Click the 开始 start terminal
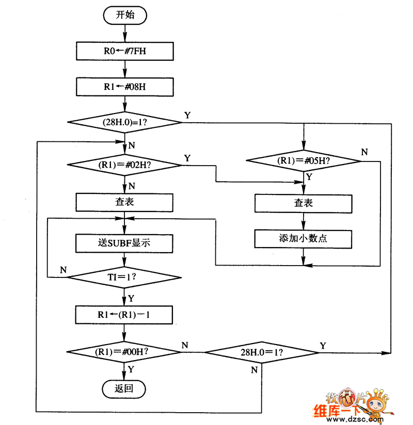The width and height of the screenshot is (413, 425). coord(125,15)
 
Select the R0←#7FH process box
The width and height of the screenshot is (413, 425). coord(124,51)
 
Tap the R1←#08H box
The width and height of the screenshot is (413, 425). coord(124,86)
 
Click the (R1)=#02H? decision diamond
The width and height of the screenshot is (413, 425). coord(124,166)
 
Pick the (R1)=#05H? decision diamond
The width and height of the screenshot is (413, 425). coord(304,160)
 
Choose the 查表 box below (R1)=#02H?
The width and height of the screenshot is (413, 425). coord(124,202)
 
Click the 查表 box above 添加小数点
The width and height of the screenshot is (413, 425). coord(304,203)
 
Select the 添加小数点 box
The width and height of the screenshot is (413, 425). coord(304,239)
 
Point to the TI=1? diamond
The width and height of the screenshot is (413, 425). coord(124,277)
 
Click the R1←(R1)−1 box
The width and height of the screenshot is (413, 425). coord(124,314)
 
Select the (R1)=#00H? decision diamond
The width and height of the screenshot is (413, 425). coord(124,352)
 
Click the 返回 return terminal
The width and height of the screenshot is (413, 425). coord(124,388)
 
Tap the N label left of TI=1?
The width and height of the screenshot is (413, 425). coord(63,270)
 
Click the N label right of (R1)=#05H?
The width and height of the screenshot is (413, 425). coord(364,152)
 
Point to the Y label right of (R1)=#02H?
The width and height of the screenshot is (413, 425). coord(187,157)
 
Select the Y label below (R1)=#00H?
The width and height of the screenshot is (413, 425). coord(131,369)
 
